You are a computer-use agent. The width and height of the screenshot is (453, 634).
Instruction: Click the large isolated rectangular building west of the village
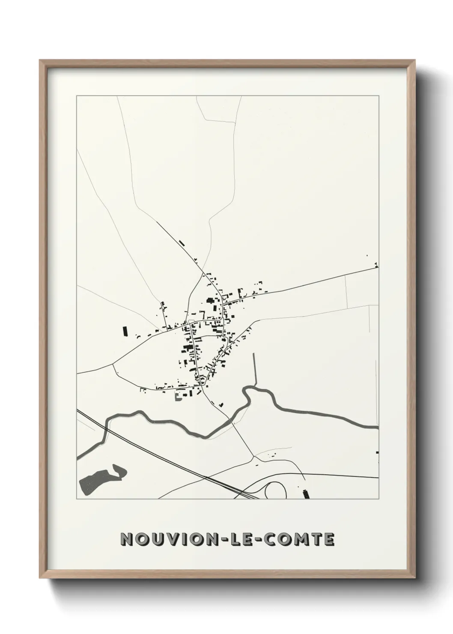tap(125, 331)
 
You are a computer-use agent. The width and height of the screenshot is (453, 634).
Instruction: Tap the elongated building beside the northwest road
tap(182, 243)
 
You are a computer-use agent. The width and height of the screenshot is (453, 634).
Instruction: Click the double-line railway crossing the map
tap(171, 458)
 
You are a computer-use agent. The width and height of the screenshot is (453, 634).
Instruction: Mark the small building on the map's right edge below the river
tap(377, 452)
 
